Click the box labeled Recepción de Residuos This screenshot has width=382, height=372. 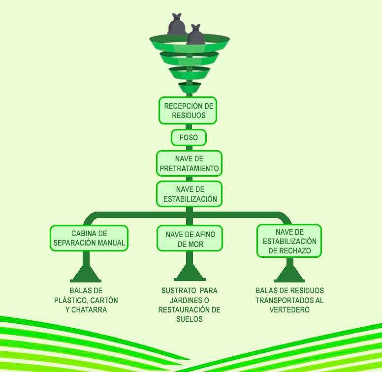point(188,110)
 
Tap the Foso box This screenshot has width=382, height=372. point(189,138)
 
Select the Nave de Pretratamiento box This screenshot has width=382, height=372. point(189,163)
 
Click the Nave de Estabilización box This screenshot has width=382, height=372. point(189,194)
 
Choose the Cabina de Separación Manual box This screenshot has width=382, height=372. point(89,238)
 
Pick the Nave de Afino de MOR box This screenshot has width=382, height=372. point(189,239)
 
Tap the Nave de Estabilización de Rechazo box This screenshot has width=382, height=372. point(289,241)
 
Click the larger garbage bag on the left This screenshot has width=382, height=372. point(177,25)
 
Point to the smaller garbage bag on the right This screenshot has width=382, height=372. point(195,35)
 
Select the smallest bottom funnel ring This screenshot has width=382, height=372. point(190,88)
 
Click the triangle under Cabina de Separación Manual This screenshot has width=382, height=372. point(86,274)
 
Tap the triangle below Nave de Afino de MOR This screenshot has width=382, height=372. point(190,273)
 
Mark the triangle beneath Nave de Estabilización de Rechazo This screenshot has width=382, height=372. point(289,274)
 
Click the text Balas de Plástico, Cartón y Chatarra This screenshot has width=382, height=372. point(86,300)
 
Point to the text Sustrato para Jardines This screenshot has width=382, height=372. point(190,295)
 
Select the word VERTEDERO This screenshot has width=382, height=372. point(289,310)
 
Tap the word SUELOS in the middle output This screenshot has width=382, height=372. point(190,319)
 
